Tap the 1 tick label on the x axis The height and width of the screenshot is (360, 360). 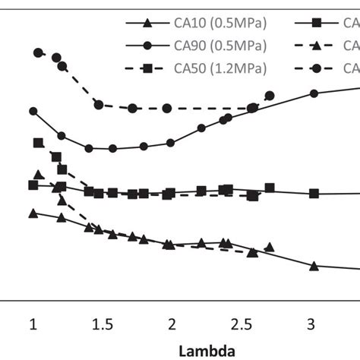point(33,324)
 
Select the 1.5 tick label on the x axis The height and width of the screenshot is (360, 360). point(103,324)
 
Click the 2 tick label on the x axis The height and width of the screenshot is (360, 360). point(172,324)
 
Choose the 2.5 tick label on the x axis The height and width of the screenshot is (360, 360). point(242,324)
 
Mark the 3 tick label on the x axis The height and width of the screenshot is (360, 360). point(311,324)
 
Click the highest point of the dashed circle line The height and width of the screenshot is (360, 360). point(38,52)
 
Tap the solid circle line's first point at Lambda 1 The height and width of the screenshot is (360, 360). point(33,111)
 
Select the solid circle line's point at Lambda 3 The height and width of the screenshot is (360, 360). point(314,93)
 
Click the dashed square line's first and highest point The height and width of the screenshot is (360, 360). point(38,142)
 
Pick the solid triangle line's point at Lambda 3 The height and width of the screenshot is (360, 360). point(314,266)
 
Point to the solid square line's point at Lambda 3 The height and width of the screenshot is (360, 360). point(314,194)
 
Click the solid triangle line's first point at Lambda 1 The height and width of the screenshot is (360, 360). point(33,213)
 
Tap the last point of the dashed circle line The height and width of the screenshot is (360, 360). point(270,96)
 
